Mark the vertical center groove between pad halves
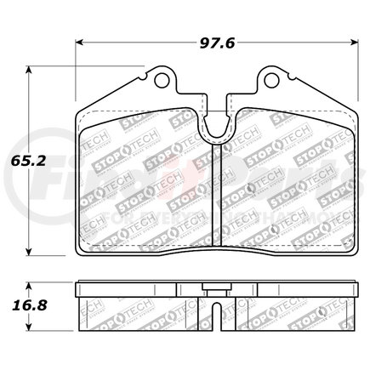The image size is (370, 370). [x=217, y=187]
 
